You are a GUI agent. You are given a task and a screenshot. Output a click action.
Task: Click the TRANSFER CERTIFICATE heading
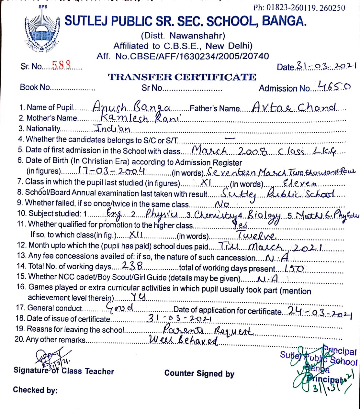tap(182, 77)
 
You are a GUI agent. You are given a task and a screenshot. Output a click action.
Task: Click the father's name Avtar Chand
tap(294, 107)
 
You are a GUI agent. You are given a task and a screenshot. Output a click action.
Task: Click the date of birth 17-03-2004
tap(111, 171)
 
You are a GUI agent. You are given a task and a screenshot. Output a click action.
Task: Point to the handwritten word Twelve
tap(256, 235)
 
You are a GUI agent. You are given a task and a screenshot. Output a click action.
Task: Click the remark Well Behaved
tap(184, 340)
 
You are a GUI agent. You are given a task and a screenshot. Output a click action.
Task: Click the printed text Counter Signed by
tap(199, 373)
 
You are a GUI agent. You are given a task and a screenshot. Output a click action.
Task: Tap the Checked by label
tap(35, 390)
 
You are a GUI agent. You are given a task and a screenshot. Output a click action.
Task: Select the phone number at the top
tap(299, 7)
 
